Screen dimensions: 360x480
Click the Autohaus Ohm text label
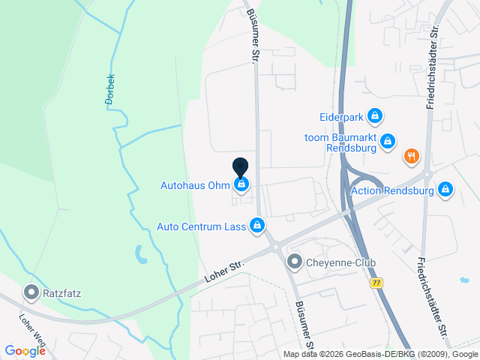(194, 184)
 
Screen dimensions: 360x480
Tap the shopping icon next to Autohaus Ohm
(241, 184)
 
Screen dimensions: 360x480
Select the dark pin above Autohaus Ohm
(240, 167)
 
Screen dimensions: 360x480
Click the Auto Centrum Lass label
(201, 225)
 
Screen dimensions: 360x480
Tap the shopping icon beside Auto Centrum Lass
(257, 224)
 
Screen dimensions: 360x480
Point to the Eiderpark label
(340, 117)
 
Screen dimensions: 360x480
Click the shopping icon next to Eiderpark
(375, 116)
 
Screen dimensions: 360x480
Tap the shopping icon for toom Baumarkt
(387, 140)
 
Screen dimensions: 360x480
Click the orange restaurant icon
(411, 157)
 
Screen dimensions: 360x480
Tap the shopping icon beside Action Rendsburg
(445, 189)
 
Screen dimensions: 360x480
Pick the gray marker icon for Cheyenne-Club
(295, 262)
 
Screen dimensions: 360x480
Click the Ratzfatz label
(62, 291)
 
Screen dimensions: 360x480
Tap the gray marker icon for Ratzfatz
(31, 290)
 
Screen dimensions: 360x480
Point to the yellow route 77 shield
(376, 282)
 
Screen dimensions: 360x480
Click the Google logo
(25, 351)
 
